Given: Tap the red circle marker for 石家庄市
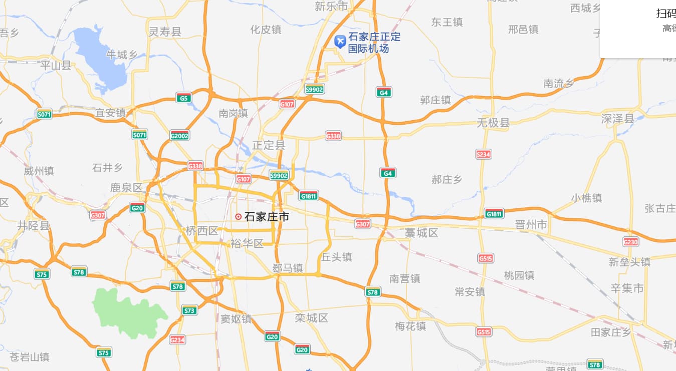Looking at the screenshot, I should click(239, 217).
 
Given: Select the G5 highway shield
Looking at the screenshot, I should click(184, 98).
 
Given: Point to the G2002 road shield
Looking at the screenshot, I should click(179, 135).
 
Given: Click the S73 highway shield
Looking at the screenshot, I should click(189, 310).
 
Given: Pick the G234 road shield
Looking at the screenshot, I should click(177, 339).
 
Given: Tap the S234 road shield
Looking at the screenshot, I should click(483, 154).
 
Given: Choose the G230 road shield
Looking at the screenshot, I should click(630, 242).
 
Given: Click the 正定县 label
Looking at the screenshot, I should click(269, 146).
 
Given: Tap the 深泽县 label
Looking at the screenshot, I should click(617, 119).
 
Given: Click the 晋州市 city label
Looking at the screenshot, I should click(531, 225).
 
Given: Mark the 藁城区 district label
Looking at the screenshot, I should click(421, 233).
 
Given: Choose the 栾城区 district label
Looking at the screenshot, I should click(311, 318).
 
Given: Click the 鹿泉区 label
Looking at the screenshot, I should click(127, 188).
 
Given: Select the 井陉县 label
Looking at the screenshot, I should click(34, 225).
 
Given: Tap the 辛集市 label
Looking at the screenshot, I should click(627, 288).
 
